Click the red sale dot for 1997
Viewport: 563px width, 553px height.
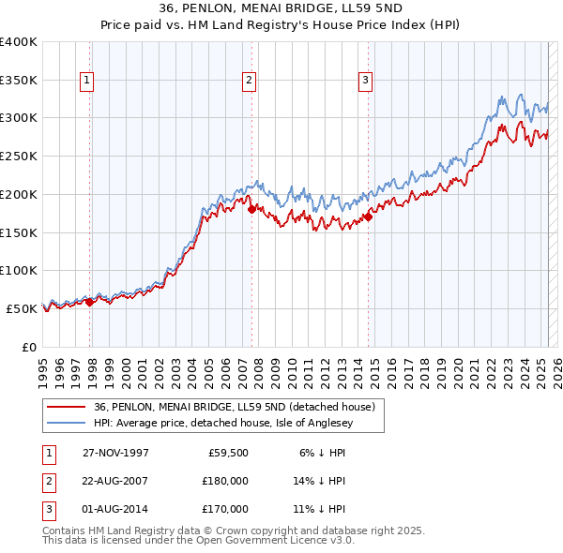[x=90, y=302]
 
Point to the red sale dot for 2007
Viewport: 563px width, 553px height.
[x=251, y=209]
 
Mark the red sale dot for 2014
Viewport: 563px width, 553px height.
[x=368, y=217]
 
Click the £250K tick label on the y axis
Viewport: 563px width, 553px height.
[x=19, y=156]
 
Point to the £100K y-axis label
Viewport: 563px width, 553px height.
[x=19, y=270]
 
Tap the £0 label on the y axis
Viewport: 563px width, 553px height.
[x=28, y=347]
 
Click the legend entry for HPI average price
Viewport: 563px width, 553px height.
[x=239, y=423]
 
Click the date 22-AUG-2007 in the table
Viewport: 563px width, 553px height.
[x=115, y=481]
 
